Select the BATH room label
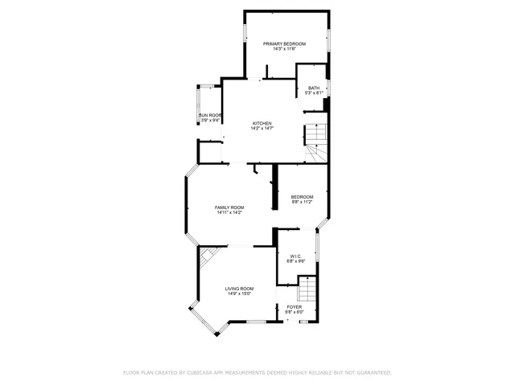pyautogui.click(x=313, y=88)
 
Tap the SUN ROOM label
pyautogui.click(x=210, y=115)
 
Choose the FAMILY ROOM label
pyautogui.click(x=229, y=207)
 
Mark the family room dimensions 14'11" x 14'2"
pyautogui.click(x=229, y=213)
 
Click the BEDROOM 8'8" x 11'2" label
pyautogui.click(x=302, y=197)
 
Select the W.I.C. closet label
pyautogui.click(x=296, y=256)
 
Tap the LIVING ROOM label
pyautogui.click(x=239, y=289)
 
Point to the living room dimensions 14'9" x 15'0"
pyautogui.click(x=239, y=294)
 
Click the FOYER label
pyautogui.click(x=295, y=307)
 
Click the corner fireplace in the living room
pyautogui.click(x=208, y=255)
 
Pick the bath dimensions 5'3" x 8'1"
pyautogui.click(x=313, y=93)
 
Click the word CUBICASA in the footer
pyautogui.click(x=203, y=373)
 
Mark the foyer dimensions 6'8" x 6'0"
pyautogui.click(x=295, y=313)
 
